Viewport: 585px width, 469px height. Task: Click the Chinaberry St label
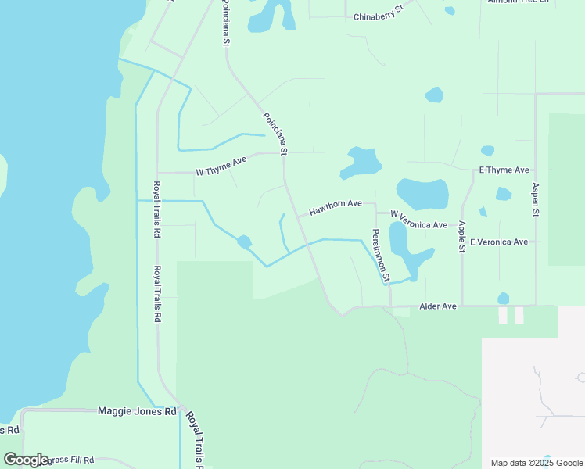[377, 13]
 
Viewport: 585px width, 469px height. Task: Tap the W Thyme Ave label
[221, 165]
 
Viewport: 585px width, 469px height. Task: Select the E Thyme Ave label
[504, 170]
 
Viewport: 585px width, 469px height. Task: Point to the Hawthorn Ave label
[335, 207]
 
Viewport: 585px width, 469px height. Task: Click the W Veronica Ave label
[418, 220]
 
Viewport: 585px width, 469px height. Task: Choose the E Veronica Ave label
[499, 242]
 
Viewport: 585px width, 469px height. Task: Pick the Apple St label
[462, 237]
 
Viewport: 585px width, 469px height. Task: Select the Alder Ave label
[437, 306]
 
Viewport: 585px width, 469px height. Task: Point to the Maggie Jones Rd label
[137, 410]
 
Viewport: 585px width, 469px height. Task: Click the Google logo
[26, 460]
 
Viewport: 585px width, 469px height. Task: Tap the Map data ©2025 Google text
[537, 463]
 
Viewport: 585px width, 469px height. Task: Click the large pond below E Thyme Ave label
[422, 194]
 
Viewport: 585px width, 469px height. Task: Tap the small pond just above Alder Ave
[503, 298]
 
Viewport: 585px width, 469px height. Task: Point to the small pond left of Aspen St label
[503, 194]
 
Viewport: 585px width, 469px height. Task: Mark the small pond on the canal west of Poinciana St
[245, 242]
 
